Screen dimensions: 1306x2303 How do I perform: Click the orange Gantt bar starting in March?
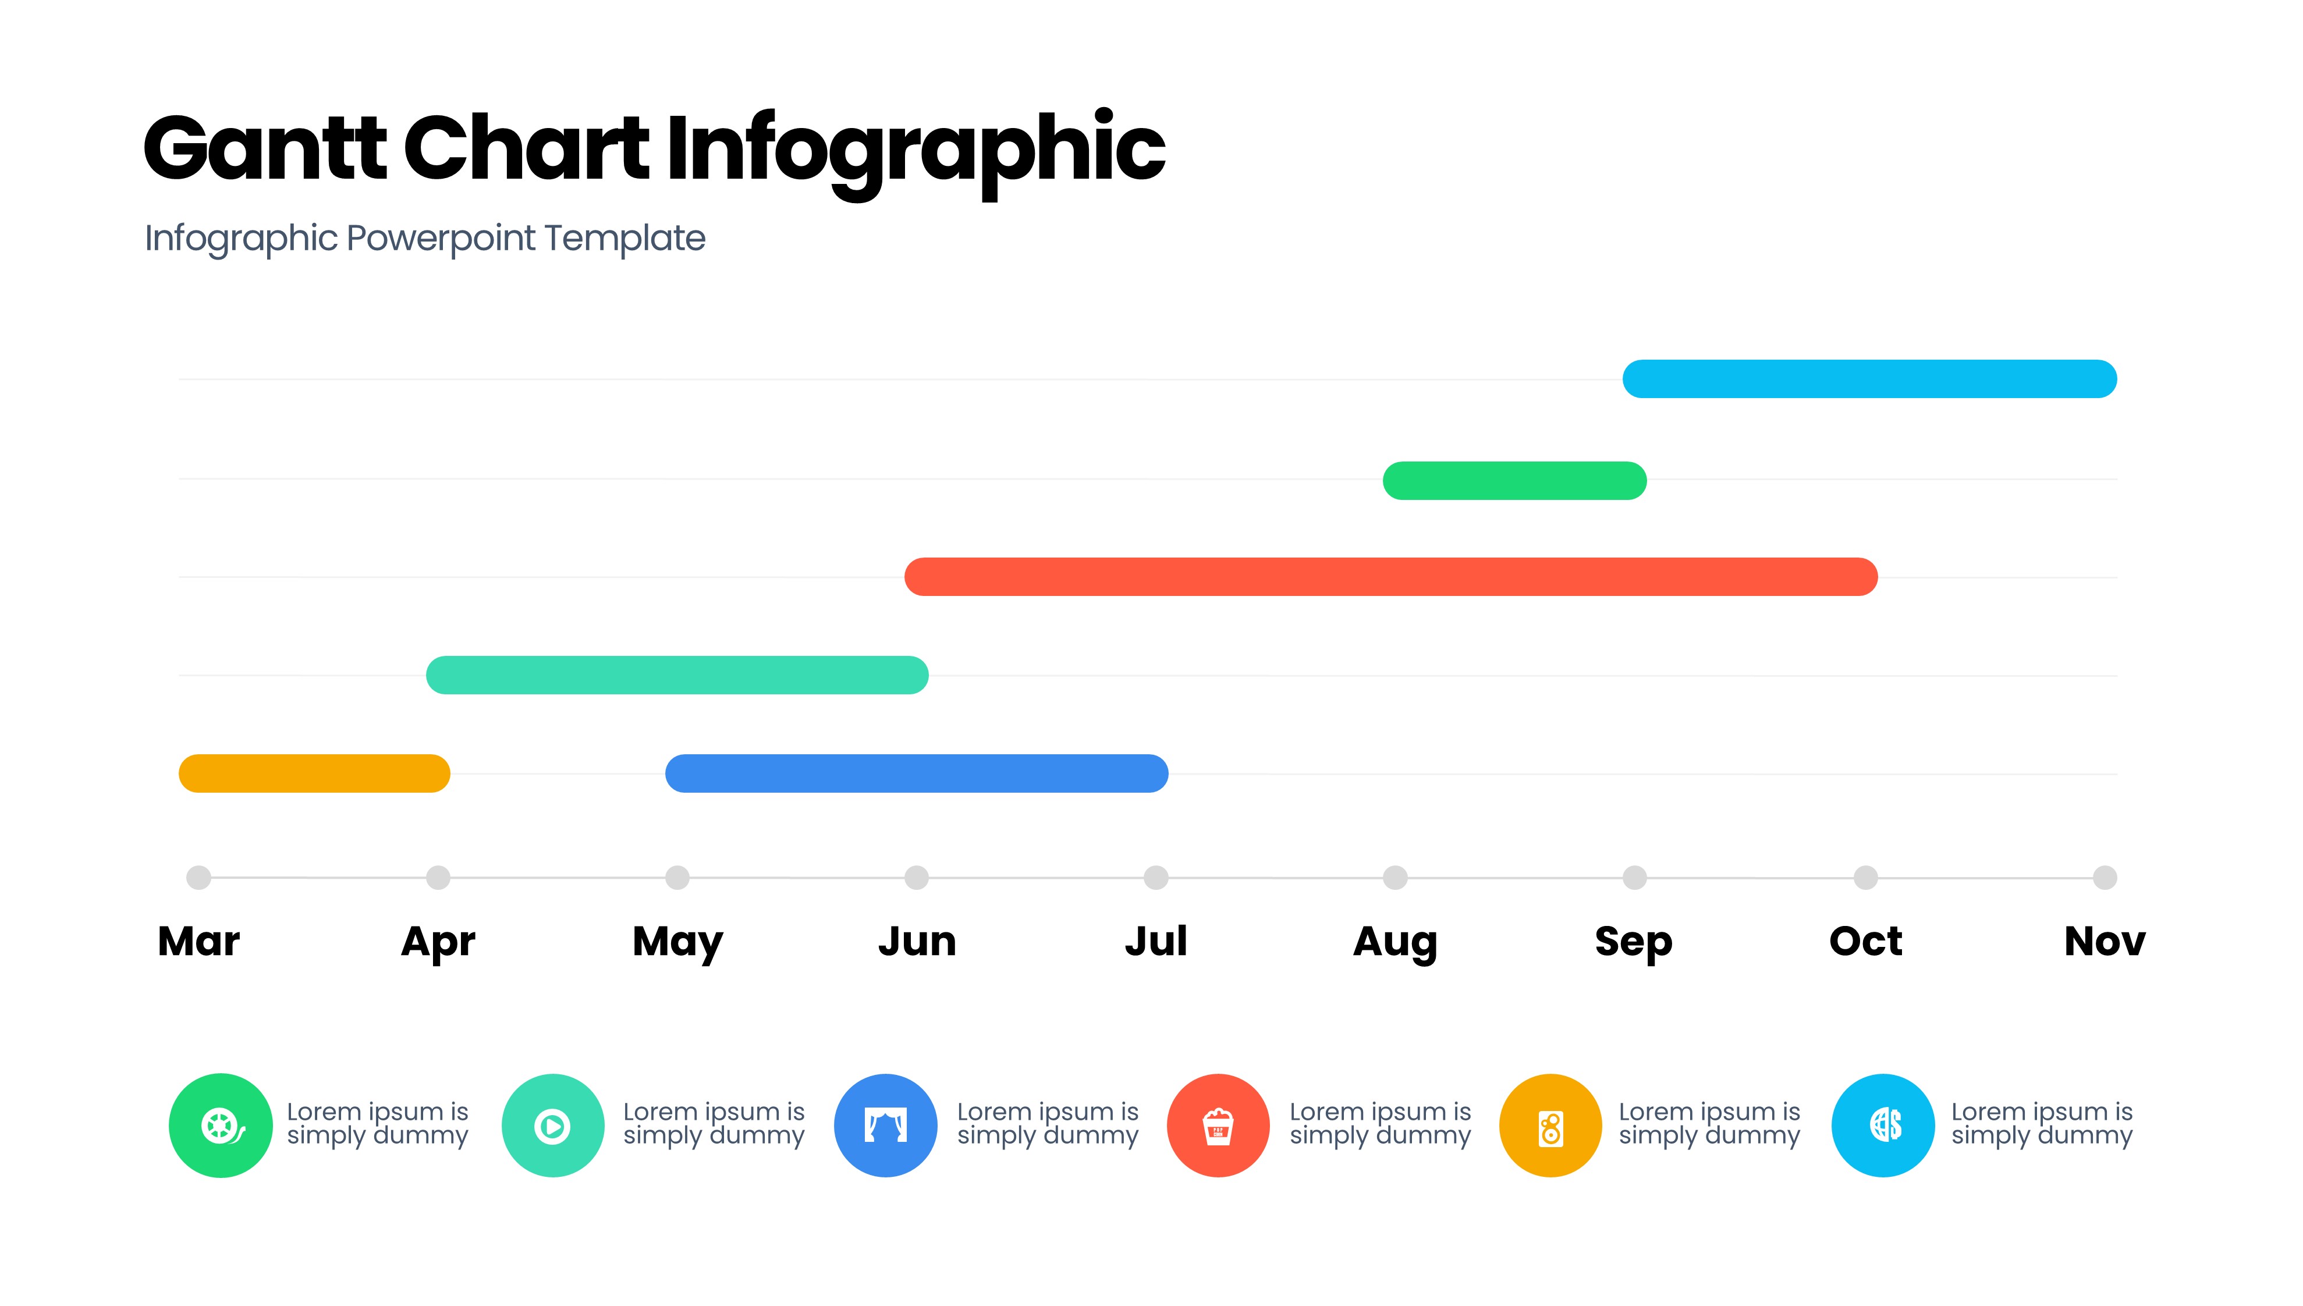pyautogui.click(x=314, y=773)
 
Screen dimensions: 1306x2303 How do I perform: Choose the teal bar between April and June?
pyautogui.click(x=677, y=675)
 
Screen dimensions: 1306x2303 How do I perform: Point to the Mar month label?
pyautogui.click(x=199, y=941)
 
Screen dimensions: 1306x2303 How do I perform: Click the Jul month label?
pyautogui.click(x=1156, y=941)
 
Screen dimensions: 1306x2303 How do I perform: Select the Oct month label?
pyautogui.click(x=1865, y=941)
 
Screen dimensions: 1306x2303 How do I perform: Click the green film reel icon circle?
pyautogui.click(x=221, y=1125)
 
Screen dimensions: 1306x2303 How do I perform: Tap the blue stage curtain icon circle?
pyautogui.click(x=886, y=1125)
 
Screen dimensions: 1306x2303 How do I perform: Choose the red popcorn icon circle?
pyautogui.click(x=1218, y=1125)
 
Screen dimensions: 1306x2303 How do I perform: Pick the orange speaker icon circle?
pyautogui.click(x=1550, y=1125)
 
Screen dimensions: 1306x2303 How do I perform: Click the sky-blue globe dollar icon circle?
pyautogui.click(x=1883, y=1125)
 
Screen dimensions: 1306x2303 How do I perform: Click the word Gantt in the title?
pyautogui.click(x=265, y=148)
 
